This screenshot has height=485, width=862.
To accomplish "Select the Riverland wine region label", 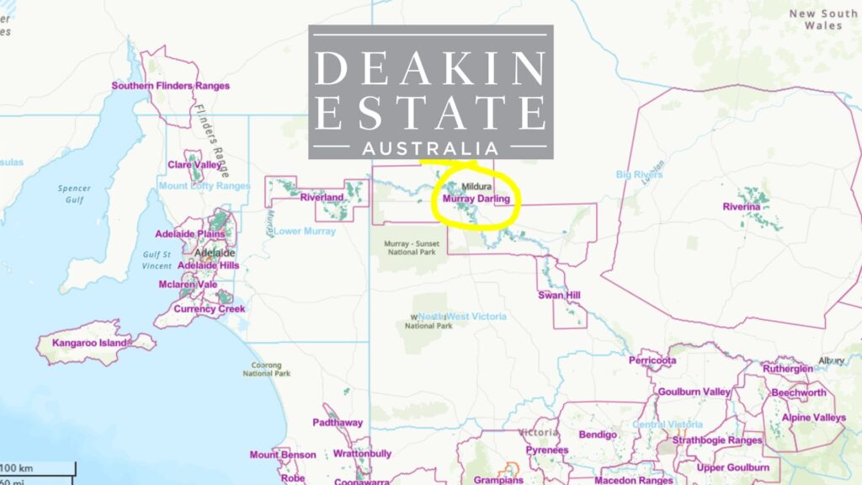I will click(322, 198).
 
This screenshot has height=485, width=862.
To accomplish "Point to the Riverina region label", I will click(741, 206).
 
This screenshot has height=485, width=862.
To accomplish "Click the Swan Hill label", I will click(560, 296).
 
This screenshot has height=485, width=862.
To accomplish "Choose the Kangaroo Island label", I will click(89, 344).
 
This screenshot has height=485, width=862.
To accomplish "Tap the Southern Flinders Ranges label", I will click(170, 86).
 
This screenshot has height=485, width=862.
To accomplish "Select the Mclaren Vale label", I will click(188, 285).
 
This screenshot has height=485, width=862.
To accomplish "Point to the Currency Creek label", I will click(210, 309).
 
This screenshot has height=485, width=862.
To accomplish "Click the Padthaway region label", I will click(337, 423).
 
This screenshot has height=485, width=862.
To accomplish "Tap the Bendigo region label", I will click(598, 434).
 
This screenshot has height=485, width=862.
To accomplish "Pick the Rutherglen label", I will click(788, 369).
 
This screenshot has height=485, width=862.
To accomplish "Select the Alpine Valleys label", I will click(813, 418).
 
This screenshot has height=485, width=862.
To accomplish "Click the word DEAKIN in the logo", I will click(430, 68).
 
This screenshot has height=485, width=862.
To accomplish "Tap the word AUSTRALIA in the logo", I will click(430, 148).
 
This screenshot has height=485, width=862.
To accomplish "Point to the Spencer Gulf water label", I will click(74, 195).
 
